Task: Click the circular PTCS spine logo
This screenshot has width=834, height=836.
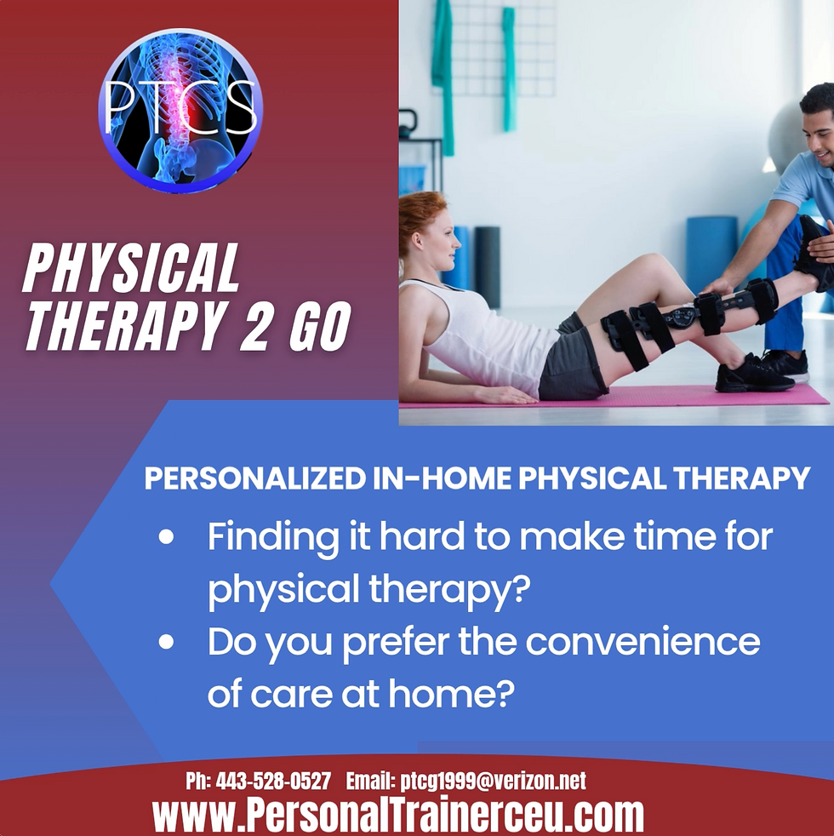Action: [x=180, y=110]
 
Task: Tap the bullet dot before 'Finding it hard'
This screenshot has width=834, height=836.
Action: [x=167, y=539]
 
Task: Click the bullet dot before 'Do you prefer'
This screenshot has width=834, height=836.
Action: [x=167, y=642]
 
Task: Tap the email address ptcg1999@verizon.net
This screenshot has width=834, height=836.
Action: [x=493, y=781]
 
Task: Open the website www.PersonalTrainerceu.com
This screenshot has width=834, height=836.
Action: [x=398, y=815]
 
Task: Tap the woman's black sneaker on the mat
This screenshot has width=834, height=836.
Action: [x=754, y=375]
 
